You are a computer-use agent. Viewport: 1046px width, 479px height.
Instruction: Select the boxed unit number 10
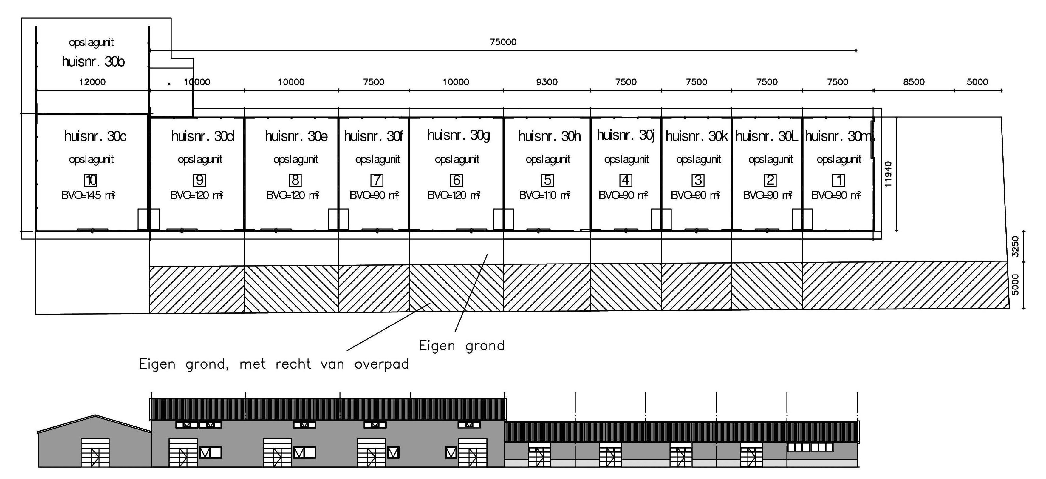click(91, 180)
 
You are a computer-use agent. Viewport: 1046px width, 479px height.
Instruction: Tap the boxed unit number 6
click(457, 180)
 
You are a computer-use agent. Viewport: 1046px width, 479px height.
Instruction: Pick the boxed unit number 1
click(838, 180)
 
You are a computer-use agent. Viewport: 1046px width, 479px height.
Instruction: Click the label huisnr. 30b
click(93, 62)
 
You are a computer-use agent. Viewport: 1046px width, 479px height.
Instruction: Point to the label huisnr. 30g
click(458, 135)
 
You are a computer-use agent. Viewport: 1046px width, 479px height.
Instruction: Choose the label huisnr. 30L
click(767, 136)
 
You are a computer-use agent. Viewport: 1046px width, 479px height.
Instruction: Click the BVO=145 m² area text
click(88, 195)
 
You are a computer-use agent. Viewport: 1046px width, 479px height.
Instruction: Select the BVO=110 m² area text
click(544, 195)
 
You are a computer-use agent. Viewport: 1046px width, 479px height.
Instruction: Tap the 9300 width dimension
click(547, 82)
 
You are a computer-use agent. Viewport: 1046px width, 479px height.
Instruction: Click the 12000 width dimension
click(92, 82)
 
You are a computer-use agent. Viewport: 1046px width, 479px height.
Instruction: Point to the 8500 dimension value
click(914, 82)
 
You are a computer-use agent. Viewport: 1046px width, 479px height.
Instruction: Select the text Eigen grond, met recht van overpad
click(274, 364)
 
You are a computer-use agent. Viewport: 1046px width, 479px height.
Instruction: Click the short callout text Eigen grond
click(462, 346)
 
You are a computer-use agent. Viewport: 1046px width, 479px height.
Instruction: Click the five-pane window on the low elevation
click(810, 447)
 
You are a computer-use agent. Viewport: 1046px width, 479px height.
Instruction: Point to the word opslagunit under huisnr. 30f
click(377, 160)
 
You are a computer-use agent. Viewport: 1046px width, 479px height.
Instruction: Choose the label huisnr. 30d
click(203, 136)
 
